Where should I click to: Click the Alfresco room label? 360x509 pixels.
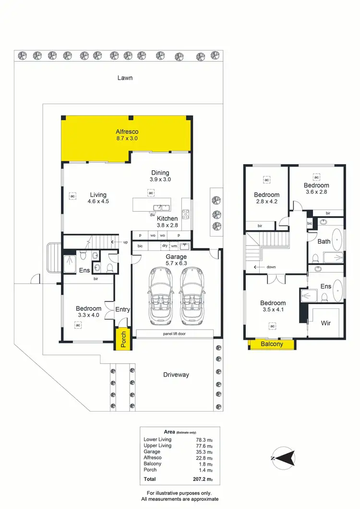tap(127, 131)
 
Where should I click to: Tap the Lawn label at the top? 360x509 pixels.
tap(125, 78)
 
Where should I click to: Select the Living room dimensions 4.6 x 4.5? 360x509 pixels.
tap(98, 201)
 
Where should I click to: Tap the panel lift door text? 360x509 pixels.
tap(175, 333)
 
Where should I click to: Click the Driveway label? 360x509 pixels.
tap(176, 375)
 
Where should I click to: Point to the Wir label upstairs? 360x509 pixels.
tap(325, 323)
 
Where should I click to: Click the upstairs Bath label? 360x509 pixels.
tap(324, 241)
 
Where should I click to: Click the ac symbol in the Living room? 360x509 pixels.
tap(72, 196)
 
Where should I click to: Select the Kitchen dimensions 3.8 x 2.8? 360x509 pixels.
tap(168, 225)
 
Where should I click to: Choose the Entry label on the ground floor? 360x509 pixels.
tap(122, 309)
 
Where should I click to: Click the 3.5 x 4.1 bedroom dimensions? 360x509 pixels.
tap(273, 309)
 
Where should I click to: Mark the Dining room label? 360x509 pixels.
tap(160, 173)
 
